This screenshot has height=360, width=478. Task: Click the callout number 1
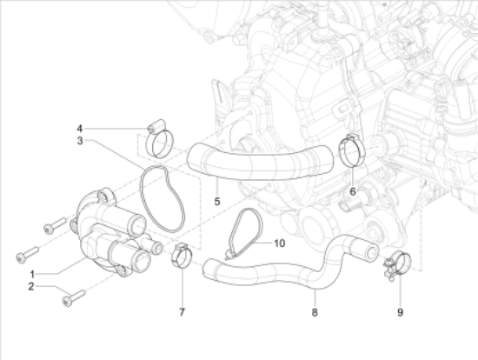[x=32, y=274]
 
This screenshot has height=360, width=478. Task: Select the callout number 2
[x=31, y=286]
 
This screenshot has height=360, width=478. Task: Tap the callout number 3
[x=80, y=141]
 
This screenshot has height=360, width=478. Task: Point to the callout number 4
[x=80, y=129]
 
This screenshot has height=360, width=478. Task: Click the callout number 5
[x=217, y=202]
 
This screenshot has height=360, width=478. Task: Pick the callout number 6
[x=353, y=191]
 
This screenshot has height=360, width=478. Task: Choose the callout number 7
[x=182, y=312]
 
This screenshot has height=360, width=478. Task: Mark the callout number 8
[x=315, y=312]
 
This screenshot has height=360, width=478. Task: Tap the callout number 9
[x=401, y=312]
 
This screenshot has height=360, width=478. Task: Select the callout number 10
[x=280, y=243]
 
